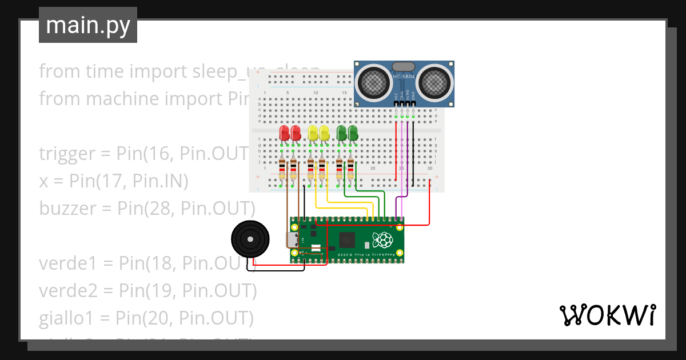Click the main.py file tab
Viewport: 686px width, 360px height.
point(87,25)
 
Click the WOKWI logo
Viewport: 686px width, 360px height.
point(607,315)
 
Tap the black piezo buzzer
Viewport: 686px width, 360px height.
point(248,239)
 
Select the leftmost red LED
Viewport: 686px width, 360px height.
point(284,133)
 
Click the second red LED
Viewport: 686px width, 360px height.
point(296,133)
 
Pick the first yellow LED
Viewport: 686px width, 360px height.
point(313,133)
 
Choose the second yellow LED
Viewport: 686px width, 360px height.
point(324,133)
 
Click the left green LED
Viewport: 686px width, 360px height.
point(342,133)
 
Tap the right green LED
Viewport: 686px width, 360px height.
point(353,133)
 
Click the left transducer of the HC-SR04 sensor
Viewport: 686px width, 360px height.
point(372,81)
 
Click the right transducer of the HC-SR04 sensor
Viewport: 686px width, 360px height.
point(436,81)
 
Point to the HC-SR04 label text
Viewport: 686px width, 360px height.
point(404,77)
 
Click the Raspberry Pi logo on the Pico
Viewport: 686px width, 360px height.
point(381,240)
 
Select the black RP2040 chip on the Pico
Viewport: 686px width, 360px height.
point(347,240)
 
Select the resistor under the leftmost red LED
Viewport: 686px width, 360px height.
point(282,169)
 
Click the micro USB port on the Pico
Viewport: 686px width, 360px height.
point(292,240)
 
